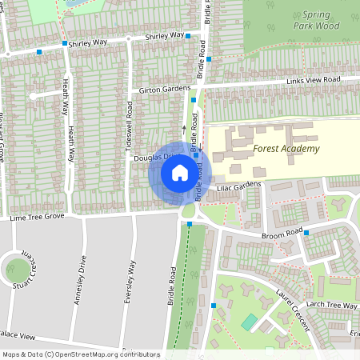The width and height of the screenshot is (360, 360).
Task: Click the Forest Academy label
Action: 286,149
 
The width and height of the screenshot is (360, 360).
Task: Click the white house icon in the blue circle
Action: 180,173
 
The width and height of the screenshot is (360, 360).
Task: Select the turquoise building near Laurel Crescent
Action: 250,322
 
